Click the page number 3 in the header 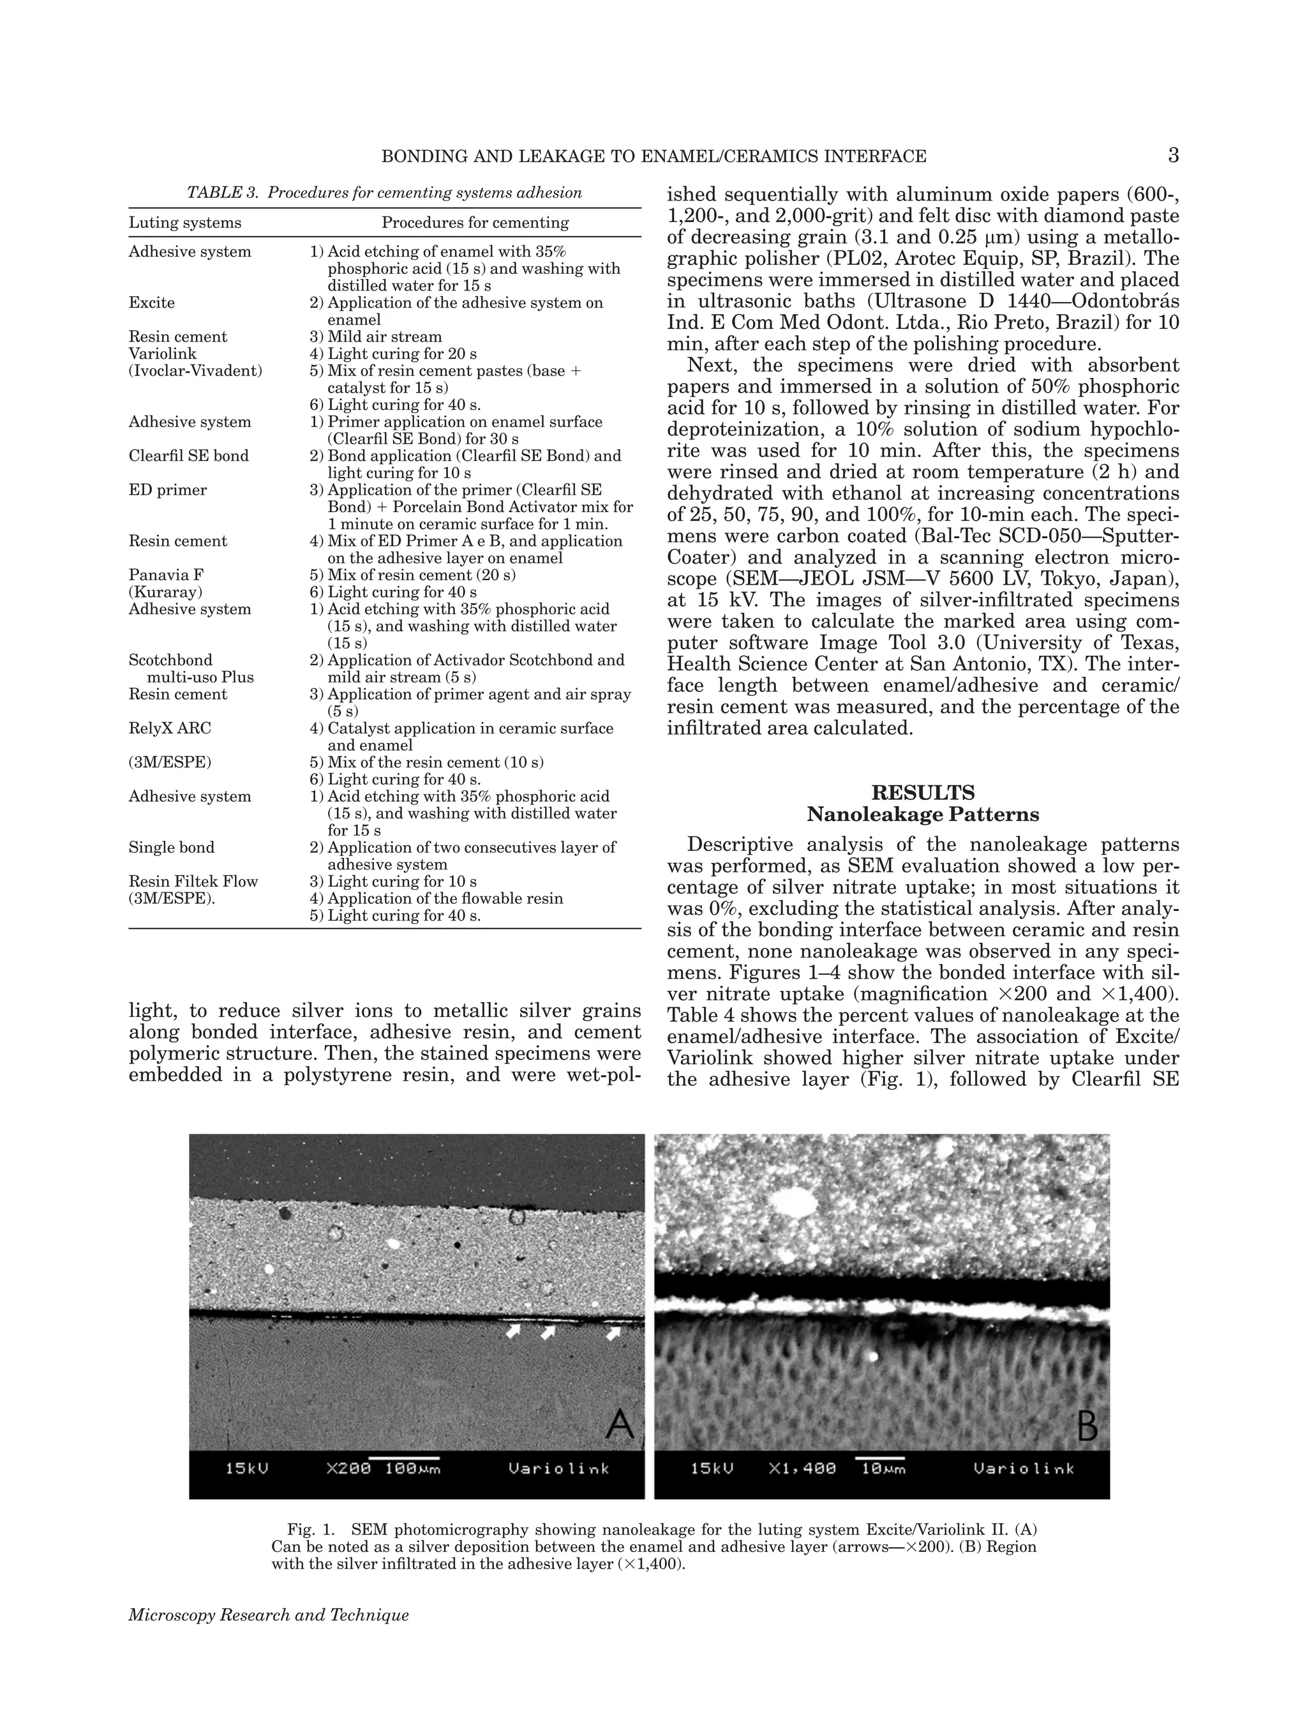[x=1172, y=156]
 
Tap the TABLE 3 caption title [x=384, y=192]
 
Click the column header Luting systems [x=184, y=223]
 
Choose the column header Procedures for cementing [x=475, y=223]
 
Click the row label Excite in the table [x=152, y=303]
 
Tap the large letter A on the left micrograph [x=619, y=1424]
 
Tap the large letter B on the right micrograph [x=1087, y=1424]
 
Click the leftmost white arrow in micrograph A [x=514, y=1330]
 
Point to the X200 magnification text [x=348, y=1468]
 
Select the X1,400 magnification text [x=802, y=1468]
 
